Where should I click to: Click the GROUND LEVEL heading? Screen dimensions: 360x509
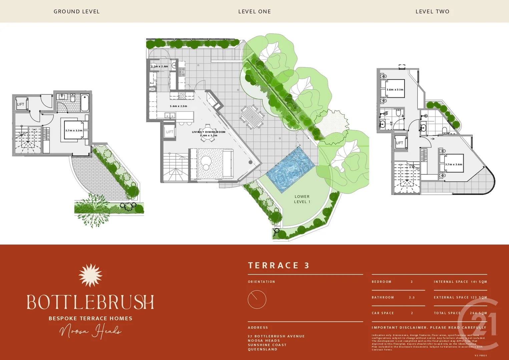coord(76,11)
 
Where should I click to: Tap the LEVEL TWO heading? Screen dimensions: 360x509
coord(432,11)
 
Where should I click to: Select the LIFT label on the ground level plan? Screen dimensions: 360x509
coord(21,104)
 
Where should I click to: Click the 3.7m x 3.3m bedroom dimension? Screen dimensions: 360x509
coord(74,131)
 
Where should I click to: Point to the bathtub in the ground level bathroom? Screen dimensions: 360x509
coord(85,103)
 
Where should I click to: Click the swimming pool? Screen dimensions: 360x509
coord(290,170)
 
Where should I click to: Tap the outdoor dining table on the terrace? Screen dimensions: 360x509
coord(252,117)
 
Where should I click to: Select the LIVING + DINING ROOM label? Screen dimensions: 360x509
coord(208,132)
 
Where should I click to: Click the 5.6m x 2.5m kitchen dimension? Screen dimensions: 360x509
coord(178,106)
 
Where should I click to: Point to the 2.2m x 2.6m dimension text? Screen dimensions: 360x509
coord(159,67)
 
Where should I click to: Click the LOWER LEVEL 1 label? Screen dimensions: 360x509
coord(302,199)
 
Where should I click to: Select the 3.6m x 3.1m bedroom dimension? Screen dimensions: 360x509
coord(395,90)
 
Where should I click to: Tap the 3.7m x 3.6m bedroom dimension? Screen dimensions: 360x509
coord(454,164)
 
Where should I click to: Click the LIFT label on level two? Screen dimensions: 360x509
coord(400,143)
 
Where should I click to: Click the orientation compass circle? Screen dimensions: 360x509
coord(257,299)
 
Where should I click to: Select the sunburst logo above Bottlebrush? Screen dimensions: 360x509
coord(90,275)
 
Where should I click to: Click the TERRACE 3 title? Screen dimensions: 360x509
coord(279,265)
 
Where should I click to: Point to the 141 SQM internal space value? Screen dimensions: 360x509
coord(479,282)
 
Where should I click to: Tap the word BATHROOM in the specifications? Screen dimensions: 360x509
coord(383,297)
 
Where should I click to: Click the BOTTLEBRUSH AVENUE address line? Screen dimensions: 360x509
coord(276,336)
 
